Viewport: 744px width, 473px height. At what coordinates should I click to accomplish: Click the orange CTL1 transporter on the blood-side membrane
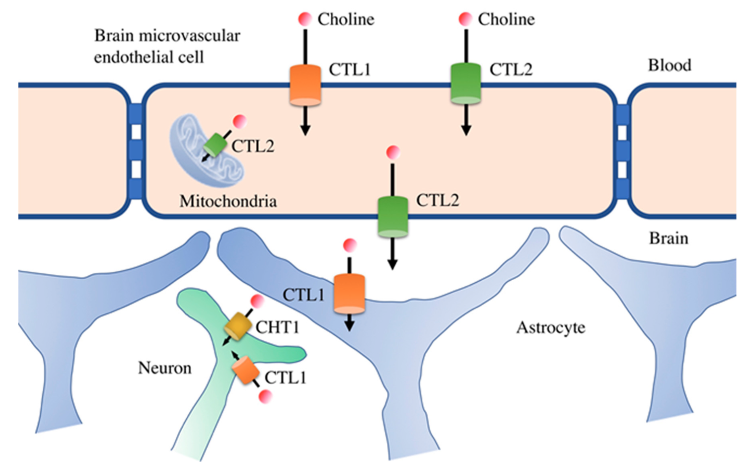305,85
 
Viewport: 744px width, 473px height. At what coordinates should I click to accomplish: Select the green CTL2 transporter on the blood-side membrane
466,83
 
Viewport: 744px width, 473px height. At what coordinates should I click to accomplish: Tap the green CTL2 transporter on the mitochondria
215,145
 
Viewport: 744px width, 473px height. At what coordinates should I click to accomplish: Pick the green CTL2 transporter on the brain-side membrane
393,217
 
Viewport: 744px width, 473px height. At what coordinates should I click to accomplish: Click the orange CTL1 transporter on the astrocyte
349,294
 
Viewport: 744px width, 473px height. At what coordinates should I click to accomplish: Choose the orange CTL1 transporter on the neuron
245,370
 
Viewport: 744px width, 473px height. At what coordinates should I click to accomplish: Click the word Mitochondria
228,201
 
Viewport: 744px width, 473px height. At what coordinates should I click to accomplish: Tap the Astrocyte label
551,328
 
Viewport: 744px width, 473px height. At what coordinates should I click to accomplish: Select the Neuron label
165,368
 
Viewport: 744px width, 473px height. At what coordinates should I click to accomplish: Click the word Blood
670,65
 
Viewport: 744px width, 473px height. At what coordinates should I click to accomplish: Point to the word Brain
669,238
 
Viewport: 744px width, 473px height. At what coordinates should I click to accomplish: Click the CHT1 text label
277,327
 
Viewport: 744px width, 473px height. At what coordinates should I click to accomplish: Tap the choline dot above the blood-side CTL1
305,19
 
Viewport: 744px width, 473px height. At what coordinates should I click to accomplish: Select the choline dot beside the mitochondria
240,122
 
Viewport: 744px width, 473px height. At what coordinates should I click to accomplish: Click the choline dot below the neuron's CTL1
266,396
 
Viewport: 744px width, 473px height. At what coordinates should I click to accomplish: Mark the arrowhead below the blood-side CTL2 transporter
466,131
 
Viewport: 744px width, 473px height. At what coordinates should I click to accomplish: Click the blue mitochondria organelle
206,151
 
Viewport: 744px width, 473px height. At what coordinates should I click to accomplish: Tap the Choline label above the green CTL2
506,19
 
